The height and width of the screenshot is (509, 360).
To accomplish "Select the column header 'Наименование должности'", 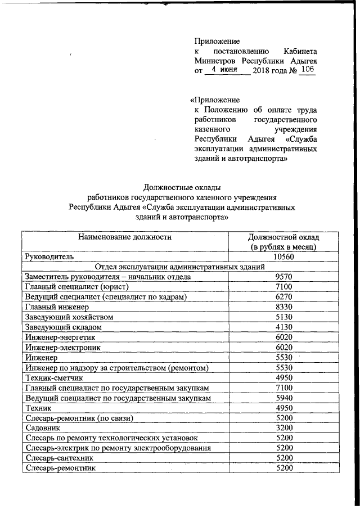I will (124, 237).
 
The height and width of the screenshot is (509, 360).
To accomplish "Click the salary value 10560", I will (285, 256).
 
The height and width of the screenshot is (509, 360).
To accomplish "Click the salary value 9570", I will (285, 277).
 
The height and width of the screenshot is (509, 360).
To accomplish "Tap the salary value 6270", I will (285, 297).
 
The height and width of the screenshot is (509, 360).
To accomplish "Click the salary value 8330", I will (285, 307).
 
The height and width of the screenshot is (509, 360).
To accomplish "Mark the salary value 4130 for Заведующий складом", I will (285, 327).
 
